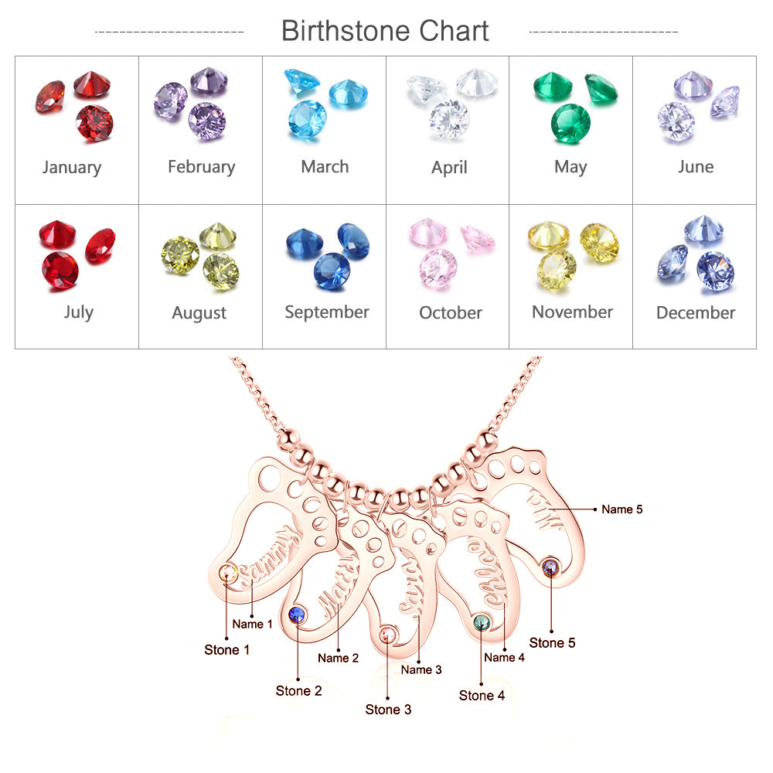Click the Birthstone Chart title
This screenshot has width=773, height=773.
385,31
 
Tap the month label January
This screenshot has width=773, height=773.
72,167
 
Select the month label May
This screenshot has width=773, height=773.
570,167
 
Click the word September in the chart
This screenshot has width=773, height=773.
326,312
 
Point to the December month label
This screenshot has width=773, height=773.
695,313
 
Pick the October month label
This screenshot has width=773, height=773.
450,313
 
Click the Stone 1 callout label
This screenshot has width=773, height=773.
226,650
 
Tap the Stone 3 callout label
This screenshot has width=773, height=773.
388,710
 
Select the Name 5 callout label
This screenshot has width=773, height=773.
622,509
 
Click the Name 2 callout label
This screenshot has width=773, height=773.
338,658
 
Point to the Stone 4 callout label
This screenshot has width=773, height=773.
482,696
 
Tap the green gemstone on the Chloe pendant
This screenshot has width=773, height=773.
481,621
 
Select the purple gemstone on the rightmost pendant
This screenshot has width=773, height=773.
551,566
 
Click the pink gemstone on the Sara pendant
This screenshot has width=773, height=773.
388,635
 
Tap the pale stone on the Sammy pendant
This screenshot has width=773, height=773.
227,573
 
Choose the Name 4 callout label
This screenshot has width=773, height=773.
504,658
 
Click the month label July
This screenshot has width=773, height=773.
78,312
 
